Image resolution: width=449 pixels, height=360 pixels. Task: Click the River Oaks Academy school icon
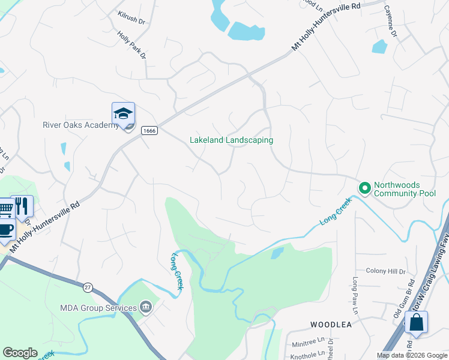(123, 113)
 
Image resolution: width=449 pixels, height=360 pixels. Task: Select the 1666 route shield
(149, 130)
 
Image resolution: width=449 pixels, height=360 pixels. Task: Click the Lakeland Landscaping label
(231, 140)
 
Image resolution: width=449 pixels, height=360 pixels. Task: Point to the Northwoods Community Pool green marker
(364, 188)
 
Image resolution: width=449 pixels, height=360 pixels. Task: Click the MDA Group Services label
(98, 308)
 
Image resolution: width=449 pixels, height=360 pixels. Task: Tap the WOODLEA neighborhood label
(330, 325)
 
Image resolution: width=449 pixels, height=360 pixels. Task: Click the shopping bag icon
(416, 322)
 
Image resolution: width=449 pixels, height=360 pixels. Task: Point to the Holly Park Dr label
(131, 46)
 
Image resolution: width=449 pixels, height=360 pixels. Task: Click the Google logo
(20, 353)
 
